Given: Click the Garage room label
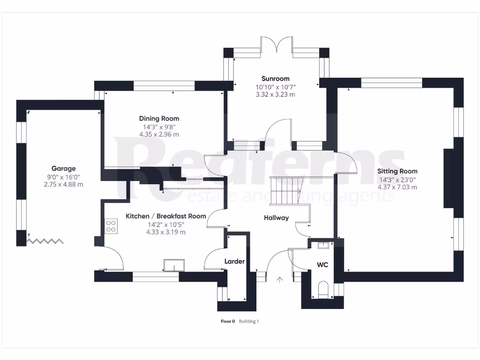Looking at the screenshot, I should (63, 168).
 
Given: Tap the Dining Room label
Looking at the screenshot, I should (159, 119).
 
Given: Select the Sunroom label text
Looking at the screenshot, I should (275, 79).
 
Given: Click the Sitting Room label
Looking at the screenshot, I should (397, 171).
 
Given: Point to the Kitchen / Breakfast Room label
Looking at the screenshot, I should (165, 216).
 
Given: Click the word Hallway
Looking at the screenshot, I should (276, 217).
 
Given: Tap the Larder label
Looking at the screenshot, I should (234, 261).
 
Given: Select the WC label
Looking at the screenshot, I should (322, 265).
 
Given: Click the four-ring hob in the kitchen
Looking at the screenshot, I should (111, 226).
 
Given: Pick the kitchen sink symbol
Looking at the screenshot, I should (174, 266).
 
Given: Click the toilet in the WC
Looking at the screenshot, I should (323, 289).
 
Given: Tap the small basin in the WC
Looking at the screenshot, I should (323, 245).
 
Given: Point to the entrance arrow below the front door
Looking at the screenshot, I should (280, 280).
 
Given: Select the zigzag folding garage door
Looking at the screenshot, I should (45, 241).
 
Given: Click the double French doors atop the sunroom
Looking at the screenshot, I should (277, 47).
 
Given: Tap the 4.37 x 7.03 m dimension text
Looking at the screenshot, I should (397, 187).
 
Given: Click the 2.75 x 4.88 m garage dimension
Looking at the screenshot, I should (63, 184).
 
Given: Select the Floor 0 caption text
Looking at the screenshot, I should (227, 322).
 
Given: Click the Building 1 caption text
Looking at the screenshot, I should (248, 322).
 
